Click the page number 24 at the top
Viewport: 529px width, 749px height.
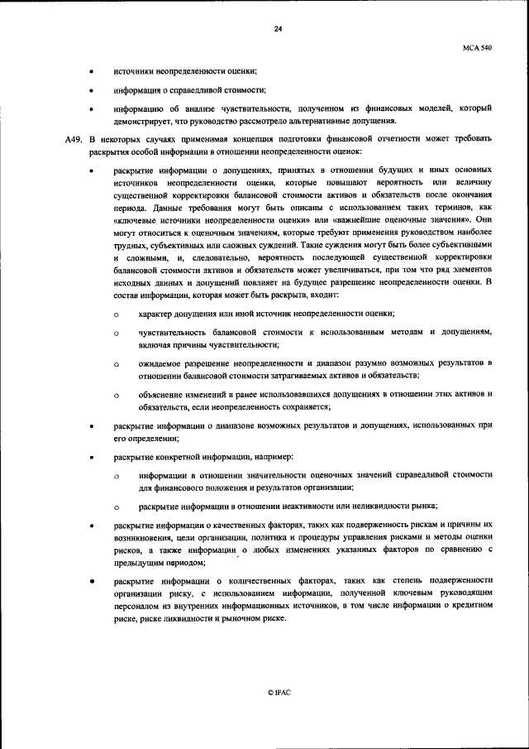pyautogui.click(x=278, y=30)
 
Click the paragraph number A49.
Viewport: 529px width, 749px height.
pyautogui.click(x=74, y=138)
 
